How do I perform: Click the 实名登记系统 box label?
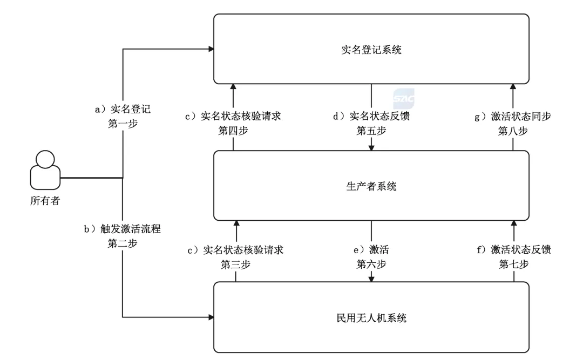pyautogui.click(x=371, y=50)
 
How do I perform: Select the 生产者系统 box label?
pyautogui.click(x=371, y=187)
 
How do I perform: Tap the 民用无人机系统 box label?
pyautogui.click(x=371, y=318)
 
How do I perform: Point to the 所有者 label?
pyautogui.click(x=45, y=202)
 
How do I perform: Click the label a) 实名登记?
pyautogui.click(x=123, y=109)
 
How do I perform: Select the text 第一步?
pyautogui.click(x=123, y=123)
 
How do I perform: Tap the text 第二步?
pyautogui.click(x=123, y=243)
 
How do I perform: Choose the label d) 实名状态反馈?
pyautogui.click(x=372, y=116)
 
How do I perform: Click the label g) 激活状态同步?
pyautogui.click(x=513, y=116)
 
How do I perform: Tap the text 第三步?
pyautogui.click(x=235, y=264)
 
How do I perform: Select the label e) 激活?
pyautogui.click(x=372, y=250)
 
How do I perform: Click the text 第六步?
pyautogui.click(x=372, y=264)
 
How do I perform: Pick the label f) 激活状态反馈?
pyautogui.click(x=513, y=250)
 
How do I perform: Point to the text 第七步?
pyautogui.click(x=513, y=264)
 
